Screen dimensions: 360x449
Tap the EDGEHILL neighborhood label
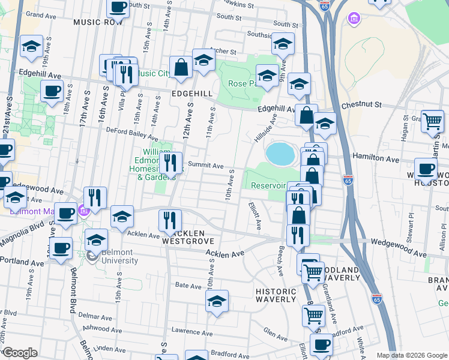[192, 94]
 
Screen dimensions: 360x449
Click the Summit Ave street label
[205, 165]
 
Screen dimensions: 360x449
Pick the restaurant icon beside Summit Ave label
[171, 161]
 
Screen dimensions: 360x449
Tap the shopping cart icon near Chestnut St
[432, 122]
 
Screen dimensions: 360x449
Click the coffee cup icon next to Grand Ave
[118, 7]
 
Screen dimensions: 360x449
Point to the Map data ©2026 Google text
[412, 355]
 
